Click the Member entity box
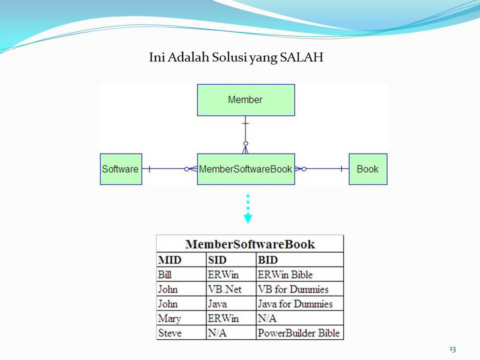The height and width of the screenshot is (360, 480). pos(245,100)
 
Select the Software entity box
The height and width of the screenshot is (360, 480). pos(120,169)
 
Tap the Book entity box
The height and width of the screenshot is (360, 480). pos(367,169)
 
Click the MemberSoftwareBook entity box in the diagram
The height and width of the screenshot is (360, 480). pos(245,169)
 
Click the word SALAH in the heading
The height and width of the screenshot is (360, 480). pos(302,57)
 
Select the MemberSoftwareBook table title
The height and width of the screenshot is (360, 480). pos(250,244)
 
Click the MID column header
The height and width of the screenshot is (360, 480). pos(170,260)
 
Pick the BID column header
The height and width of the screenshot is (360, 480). pos(268,260)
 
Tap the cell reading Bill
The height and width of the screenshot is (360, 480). pos(164,274)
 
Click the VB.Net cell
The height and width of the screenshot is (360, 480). pos(224,289)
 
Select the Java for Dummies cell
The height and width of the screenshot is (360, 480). pos(295,303)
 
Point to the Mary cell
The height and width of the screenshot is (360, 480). pos(169,318)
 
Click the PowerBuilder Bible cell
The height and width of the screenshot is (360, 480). pos(298,333)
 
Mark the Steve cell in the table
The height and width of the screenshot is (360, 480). pos(170,333)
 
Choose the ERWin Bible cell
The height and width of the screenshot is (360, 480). pos(285,274)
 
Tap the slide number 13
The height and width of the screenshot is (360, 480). pos(452,349)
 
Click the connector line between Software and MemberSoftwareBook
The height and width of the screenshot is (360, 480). pos(167,169)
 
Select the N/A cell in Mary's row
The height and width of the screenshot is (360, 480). pos(267,318)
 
